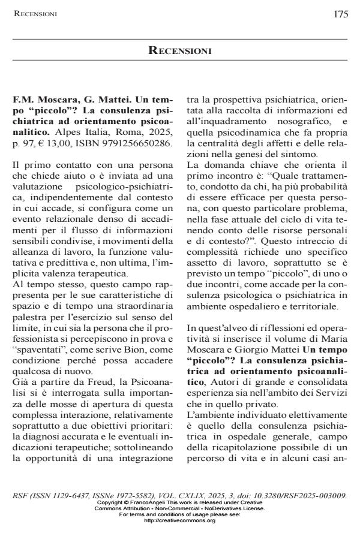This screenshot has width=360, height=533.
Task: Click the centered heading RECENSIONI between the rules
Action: (180, 51)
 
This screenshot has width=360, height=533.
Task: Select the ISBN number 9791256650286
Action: (142, 143)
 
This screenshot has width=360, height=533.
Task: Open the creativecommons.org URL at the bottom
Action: (180, 520)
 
